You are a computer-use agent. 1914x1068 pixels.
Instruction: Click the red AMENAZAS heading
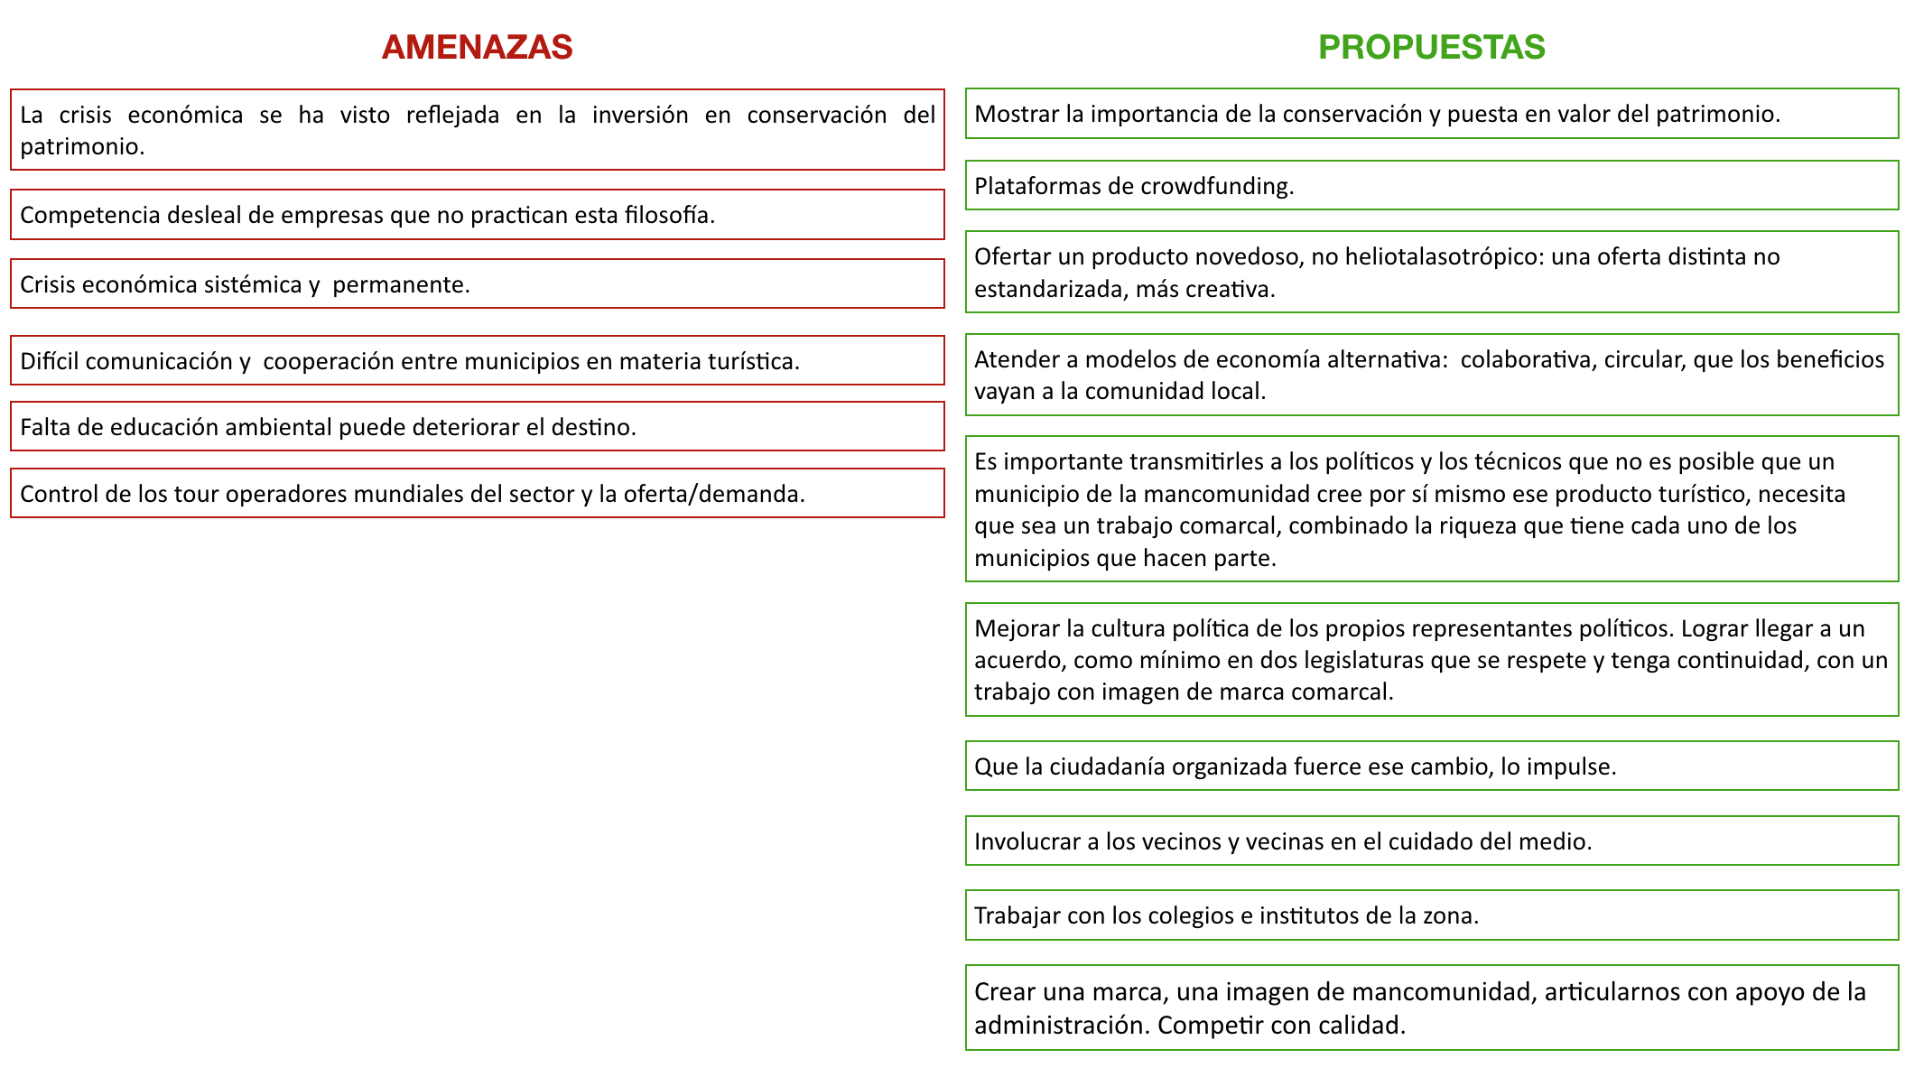point(477,47)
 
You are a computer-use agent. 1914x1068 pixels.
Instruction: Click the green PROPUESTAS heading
point(1431,47)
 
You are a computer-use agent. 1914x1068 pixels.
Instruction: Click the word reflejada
point(452,115)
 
